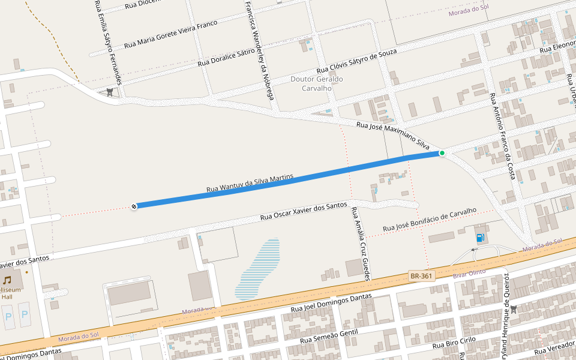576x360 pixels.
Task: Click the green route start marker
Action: (442, 153)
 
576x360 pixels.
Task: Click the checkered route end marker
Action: (134, 206)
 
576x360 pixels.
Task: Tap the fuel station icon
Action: (480, 238)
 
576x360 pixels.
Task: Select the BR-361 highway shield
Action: (421, 276)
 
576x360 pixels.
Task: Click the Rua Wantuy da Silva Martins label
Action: (249, 184)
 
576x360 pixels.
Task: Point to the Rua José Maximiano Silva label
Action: (393, 135)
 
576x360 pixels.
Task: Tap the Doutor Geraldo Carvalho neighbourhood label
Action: (316, 83)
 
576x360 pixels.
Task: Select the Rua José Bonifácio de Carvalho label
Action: (429, 220)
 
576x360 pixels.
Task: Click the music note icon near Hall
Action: (7, 280)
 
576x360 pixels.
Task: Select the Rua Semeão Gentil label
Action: (328, 336)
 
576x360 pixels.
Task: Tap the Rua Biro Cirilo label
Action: (454, 344)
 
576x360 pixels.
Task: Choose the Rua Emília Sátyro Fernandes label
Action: (109, 42)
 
